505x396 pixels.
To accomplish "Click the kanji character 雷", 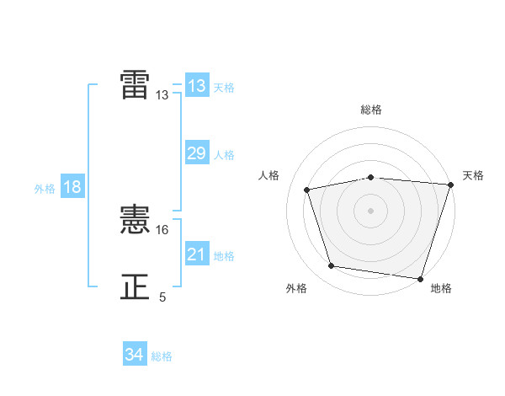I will pyautogui.click(x=136, y=84).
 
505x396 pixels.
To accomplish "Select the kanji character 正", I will pyautogui.click(x=136, y=287).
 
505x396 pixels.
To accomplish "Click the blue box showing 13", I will pyautogui.click(x=197, y=86).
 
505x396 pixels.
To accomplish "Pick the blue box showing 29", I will pyautogui.click(x=197, y=153).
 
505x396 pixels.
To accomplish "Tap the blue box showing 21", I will pyautogui.click(x=197, y=254).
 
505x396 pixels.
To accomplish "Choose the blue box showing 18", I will pyautogui.click(x=72, y=187).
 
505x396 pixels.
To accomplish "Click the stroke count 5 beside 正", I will pyautogui.click(x=162, y=297).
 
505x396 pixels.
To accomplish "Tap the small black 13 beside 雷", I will pyautogui.click(x=162, y=95).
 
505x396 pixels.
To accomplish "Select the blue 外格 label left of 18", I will pyautogui.click(x=45, y=189).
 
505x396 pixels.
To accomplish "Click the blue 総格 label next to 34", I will pyautogui.click(x=162, y=356).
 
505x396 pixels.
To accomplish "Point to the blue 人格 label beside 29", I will pyautogui.click(x=224, y=155).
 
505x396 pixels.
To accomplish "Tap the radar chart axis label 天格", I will pyautogui.click(x=473, y=175).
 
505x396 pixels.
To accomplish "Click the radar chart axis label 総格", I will pyautogui.click(x=371, y=110).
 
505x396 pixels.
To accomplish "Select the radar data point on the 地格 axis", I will pyautogui.click(x=419, y=277).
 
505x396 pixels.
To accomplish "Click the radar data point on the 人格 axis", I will pyautogui.click(x=308, y=190).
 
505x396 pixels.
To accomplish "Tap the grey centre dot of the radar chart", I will pyautogui.click(x=371, y=210).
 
